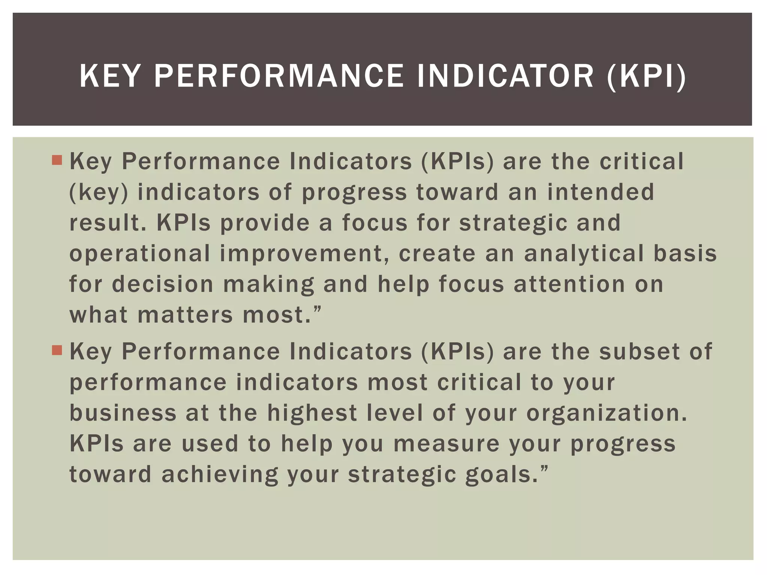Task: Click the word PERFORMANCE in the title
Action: tap(279, 76)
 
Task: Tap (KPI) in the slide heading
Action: tap(646, 76)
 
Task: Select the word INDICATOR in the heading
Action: tap(505, 76)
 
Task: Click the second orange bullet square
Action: tap(57, 350)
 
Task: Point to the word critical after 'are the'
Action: tap(642, 161)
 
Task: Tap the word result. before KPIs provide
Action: tap(108, 223)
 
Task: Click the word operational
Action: tap(140, 253)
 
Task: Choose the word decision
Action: tap(163, 284)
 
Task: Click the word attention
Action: tap(569, 284)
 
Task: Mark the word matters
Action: tap(185, 315)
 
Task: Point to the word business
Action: tap(123, 413)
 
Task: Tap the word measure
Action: tap(446, 444)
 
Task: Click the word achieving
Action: tap(220, 474)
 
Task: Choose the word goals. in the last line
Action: tap(506, 474)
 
